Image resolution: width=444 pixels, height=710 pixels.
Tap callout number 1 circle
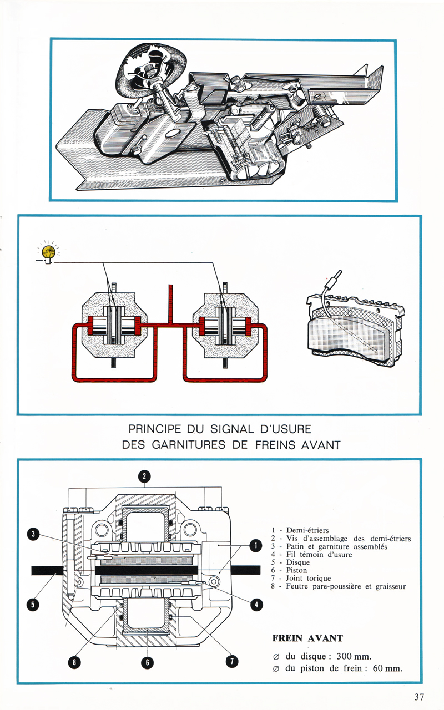pos(255,546)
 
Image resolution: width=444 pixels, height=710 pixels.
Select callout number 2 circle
pos(144,475)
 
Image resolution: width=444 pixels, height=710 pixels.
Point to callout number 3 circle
pos(33,534)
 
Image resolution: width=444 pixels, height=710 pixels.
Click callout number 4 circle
pos(255,604)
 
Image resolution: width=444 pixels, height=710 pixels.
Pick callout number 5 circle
pos(33,604)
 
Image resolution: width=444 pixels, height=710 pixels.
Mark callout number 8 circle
pos(72,661)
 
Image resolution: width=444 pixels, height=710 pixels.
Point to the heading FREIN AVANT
pos(307,638)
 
